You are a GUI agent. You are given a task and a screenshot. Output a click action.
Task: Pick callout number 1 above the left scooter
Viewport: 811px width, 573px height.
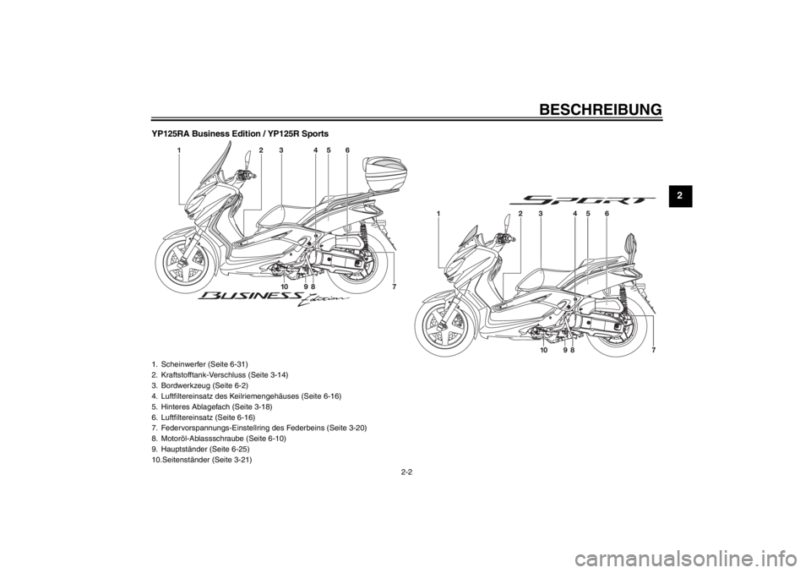[x=180, y=150]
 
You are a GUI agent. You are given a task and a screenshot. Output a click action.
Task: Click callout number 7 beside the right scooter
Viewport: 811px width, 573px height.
[x=653, y=348]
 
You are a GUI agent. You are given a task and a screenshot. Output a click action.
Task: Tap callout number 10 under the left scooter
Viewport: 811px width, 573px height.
[x=285, y=287]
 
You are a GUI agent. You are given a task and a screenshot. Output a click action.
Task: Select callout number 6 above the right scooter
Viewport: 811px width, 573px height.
[x=607, y=215]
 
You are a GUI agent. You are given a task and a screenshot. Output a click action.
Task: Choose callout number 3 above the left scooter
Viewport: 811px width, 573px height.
[x=280, y=150]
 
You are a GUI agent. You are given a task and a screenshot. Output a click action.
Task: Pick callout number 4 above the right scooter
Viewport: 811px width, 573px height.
[x=574, y=215]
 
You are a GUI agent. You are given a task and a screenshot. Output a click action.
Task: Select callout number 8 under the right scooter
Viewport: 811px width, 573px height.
[x=572, y=349]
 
